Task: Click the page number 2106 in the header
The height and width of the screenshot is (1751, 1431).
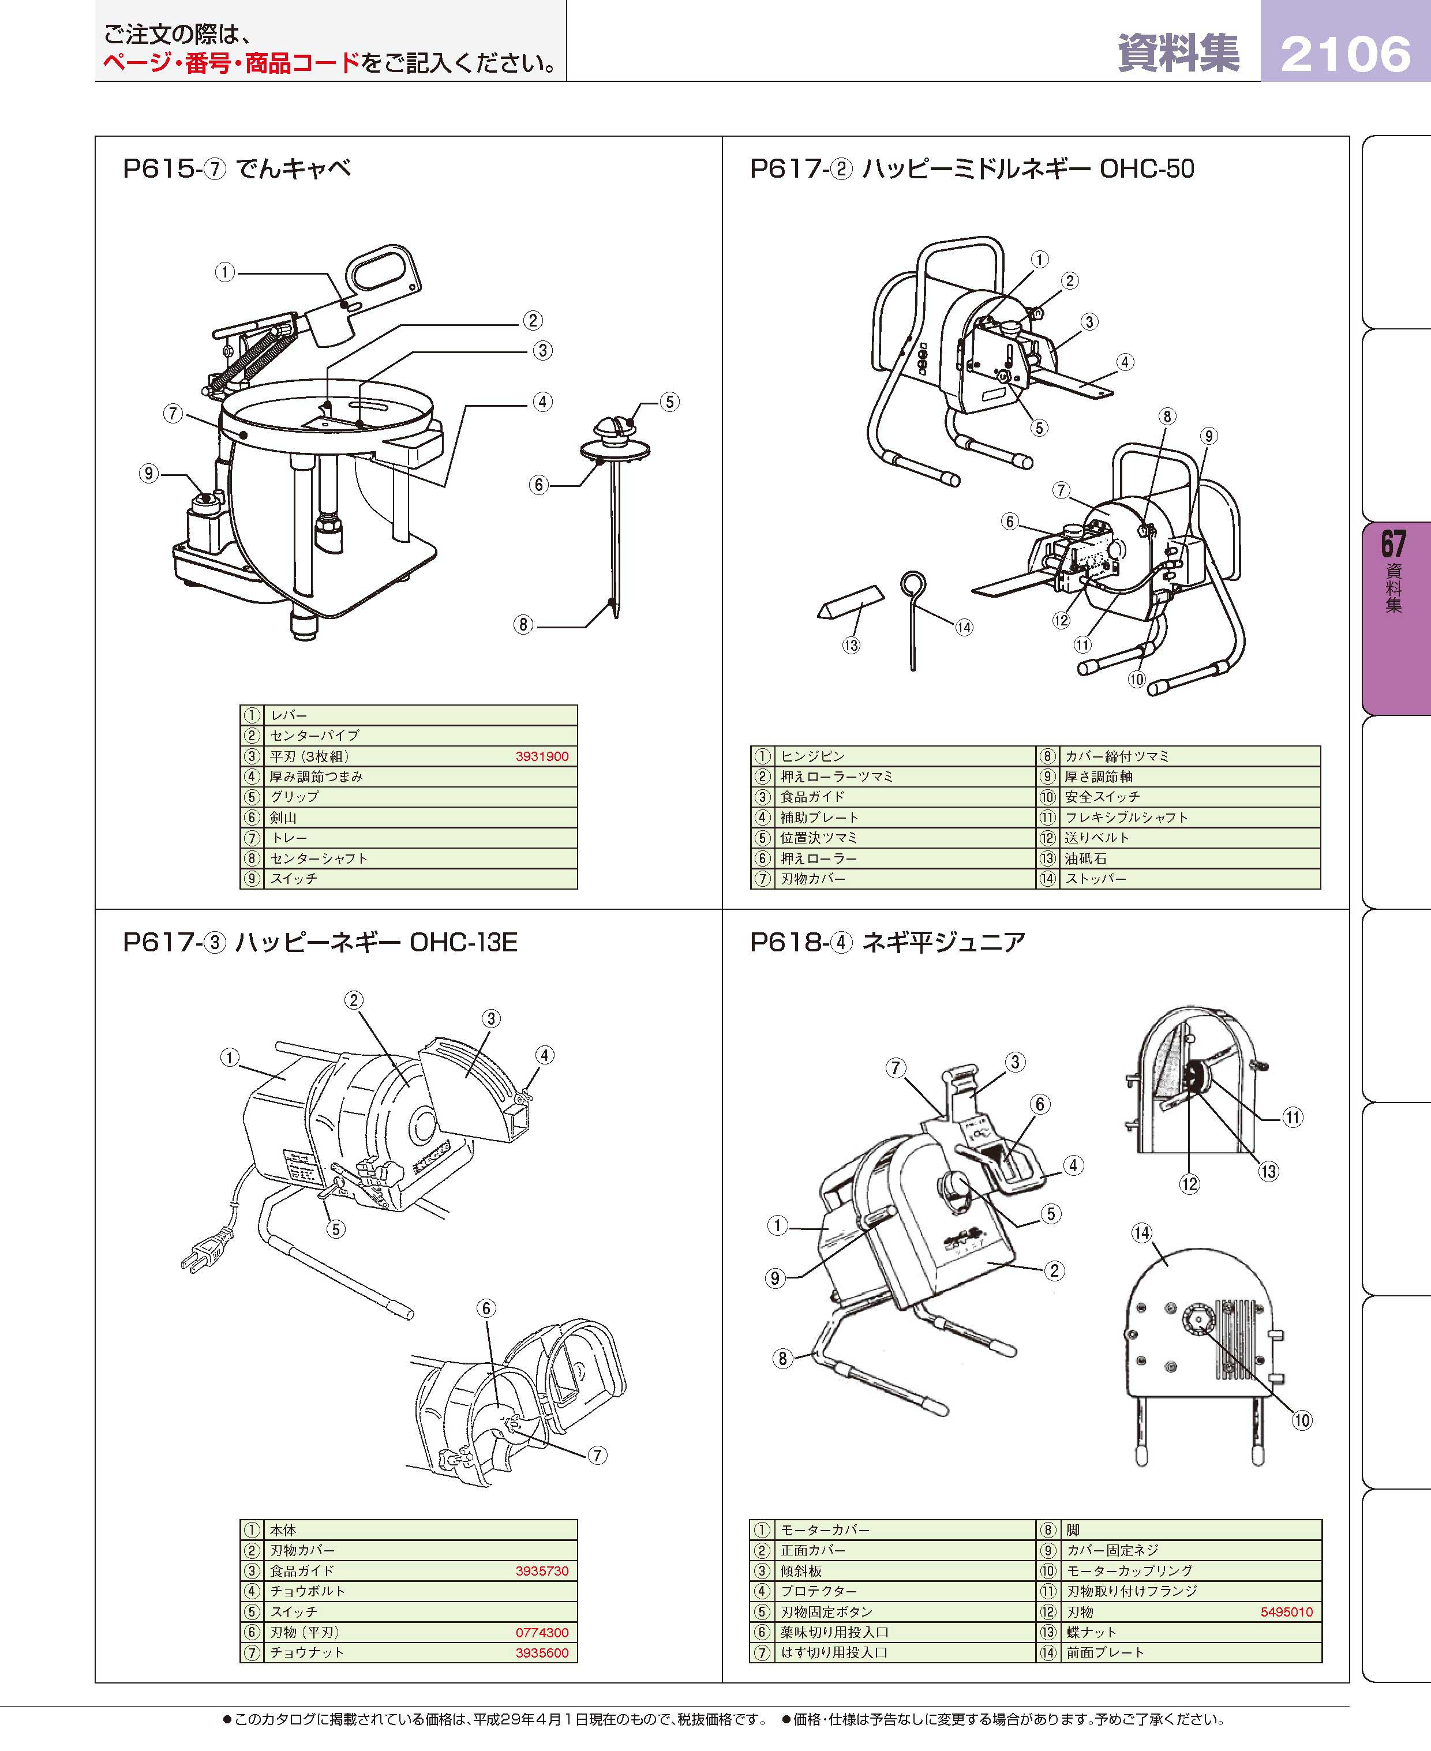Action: pyautogui.click(x=1345, y=54)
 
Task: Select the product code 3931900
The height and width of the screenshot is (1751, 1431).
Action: pyautogui.click(x=542, y=756)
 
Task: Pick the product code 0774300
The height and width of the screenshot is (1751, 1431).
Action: pyautogui.click(x=542, y=1632)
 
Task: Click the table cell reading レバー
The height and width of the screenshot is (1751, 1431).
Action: pyautogui.click(x=289, y=715)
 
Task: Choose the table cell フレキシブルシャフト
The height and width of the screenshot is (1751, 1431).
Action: pyautogui.click(x=1126, y=818)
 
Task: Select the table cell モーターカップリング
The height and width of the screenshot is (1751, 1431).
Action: pyautogui.click(x=1129, y=1570)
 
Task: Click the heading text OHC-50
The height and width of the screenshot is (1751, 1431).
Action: pyautogui.click(x=1147, y=169)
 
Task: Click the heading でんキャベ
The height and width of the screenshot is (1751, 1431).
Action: pyautogui.click(x=294, y=169)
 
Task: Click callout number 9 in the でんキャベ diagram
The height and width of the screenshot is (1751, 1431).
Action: pyautogui.click(x=148, y=473)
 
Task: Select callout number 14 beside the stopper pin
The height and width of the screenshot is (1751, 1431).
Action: pyautogui.click(x=964, y=628)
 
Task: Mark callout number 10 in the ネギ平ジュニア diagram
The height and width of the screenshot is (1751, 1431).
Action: pyautogui.click(x=1302, y=1420)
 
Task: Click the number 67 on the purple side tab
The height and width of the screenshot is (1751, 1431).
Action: pyautogui.click(x=1393, y=544)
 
